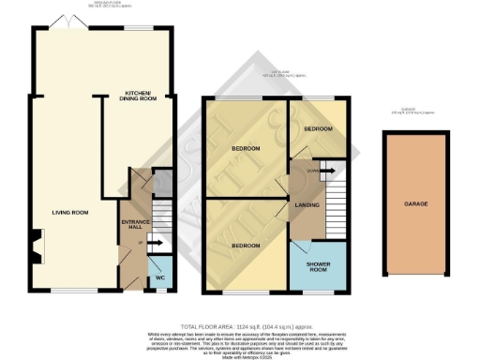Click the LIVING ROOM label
point(70,213)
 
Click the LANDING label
point(308,204)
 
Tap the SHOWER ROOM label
point(319,266)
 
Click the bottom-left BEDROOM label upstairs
point(247,245)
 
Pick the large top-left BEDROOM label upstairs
point(246,149)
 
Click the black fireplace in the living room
point(33,250)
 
